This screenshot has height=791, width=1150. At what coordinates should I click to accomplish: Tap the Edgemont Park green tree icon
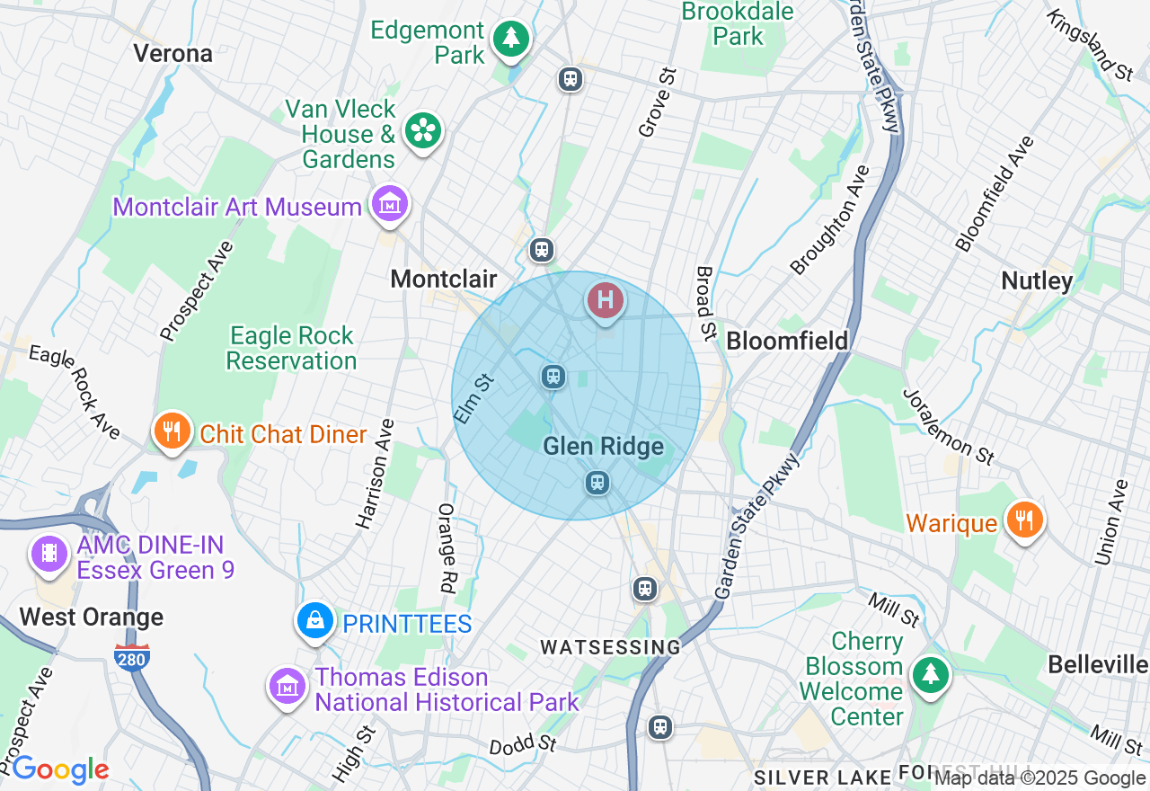(x=511, y=38)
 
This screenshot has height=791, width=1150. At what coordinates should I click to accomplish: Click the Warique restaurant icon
(x=1022, y=520)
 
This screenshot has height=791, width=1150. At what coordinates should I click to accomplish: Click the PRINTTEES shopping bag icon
(x=315, y=620)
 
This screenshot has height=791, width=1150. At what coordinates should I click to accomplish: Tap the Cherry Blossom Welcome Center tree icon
(x=930, y=674)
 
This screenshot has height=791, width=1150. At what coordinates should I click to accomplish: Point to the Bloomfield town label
(x=787, y=341)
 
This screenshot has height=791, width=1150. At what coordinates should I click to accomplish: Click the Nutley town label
(x=1037, y=281)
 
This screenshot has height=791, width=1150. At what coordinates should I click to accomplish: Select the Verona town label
(x=173, y=53)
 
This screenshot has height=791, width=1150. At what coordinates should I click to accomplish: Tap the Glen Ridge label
(x=603, y=447)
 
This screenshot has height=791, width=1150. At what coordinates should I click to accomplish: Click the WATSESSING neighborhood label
(x=610, y=647)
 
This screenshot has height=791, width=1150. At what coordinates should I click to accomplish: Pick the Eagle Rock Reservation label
(x=291, y=349)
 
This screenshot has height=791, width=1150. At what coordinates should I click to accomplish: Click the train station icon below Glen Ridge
(x=597, y=484)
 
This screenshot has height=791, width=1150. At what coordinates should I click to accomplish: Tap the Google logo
(x=59, y=769)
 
